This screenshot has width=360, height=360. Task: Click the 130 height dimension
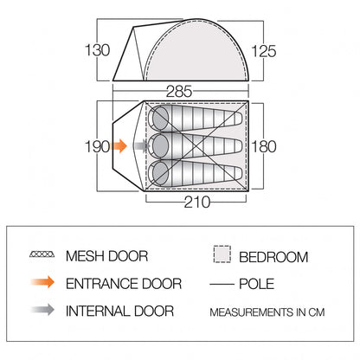pyautogui.click(x=98, y=50)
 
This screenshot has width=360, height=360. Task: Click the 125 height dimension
pyautogui.click(x=264, y=51)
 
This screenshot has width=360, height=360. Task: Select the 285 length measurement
pyautogui.click(x=179, y=92)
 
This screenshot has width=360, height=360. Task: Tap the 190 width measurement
pyautogui.click(x=98, y=146)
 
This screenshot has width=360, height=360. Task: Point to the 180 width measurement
pyautogui.click(x=264, y=146)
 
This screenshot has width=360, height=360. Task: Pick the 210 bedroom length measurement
pyautogui.click(x=197, y=202)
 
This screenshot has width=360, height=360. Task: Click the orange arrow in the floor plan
pyautogui.click(x=119, y=146)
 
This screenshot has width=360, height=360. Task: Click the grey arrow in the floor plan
pyautogui.click(x=141, y=146)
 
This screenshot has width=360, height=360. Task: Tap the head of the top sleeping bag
pyautogui.click(x=158, y=119)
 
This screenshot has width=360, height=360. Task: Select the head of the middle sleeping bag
pyautogui.click(x=158, y=146)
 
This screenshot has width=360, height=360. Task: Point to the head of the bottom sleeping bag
pyautogui.click(x=158, y=173)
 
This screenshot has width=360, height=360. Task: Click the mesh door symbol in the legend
pyautogui.click(x=42, y=254)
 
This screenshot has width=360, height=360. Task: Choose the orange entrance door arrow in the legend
pyautogui.click(x=42, y=282)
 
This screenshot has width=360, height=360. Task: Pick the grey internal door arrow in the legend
pyautogui.click(x=42, y=310)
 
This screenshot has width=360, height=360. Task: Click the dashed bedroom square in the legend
pyautogui.click(x=222, y=254)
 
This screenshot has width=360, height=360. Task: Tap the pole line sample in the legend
pyautogui.click(x=222, y=285)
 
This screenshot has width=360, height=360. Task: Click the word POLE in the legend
pyautogui.click(x=257, y=284)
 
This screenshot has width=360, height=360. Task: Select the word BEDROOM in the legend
pyautogui.click(x=273, y=257)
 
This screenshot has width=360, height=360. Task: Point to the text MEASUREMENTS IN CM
pyautogui.click(x=267, y=312)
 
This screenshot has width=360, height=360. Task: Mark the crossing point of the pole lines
pyautogui.click(x=196, y=146)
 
